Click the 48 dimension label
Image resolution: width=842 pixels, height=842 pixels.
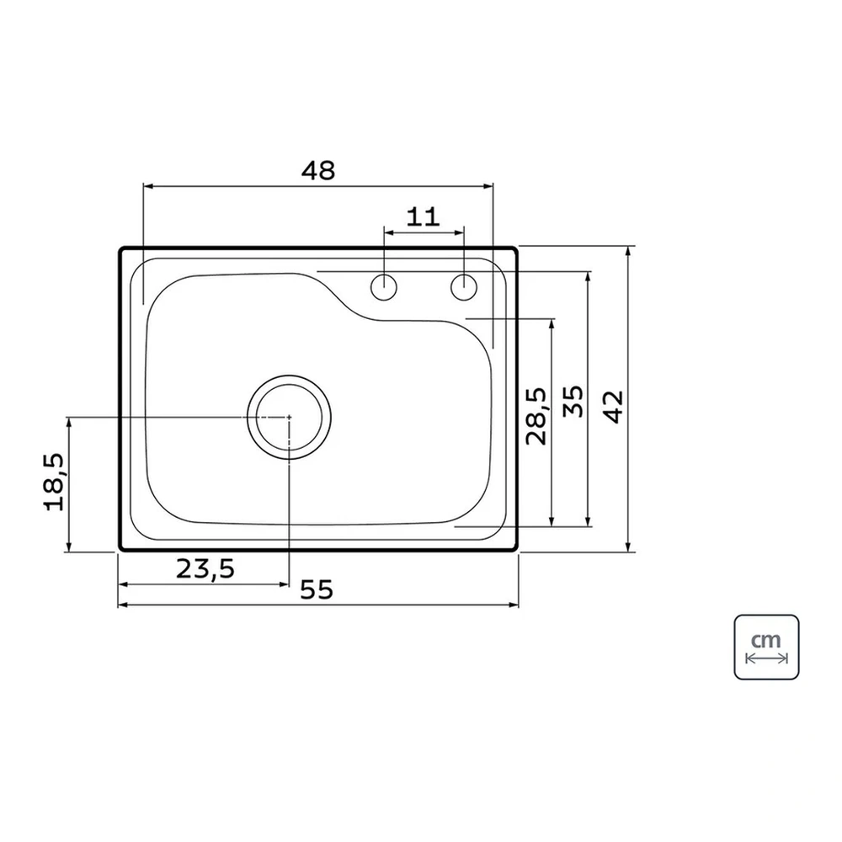[318, 170]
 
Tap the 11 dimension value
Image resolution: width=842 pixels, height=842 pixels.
[424, 217]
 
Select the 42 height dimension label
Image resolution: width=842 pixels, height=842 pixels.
[614, 407]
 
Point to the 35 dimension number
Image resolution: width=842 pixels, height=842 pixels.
[573, 402]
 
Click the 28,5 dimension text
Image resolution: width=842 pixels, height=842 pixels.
[536, 416]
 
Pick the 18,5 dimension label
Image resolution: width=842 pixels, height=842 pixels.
[54, 482]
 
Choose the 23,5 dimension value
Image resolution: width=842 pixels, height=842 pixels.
[205, 568]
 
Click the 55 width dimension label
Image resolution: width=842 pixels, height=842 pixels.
[317, 589]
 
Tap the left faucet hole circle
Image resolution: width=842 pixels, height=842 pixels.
[384, 287]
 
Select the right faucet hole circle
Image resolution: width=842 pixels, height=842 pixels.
[464, 287]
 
